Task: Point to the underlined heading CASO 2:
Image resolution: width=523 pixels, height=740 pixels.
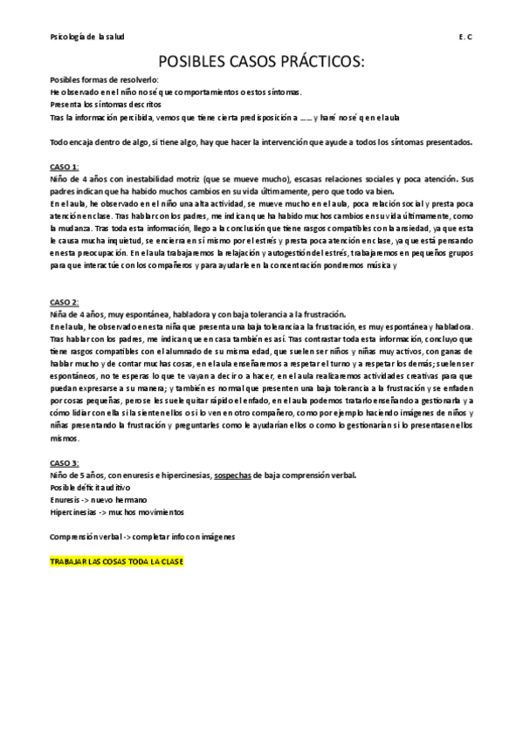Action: click(x=65, y=301)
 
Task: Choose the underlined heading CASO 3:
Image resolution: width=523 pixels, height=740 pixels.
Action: click(x=65, y=462)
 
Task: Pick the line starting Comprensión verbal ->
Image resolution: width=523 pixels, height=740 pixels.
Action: click(x=142, y=535)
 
